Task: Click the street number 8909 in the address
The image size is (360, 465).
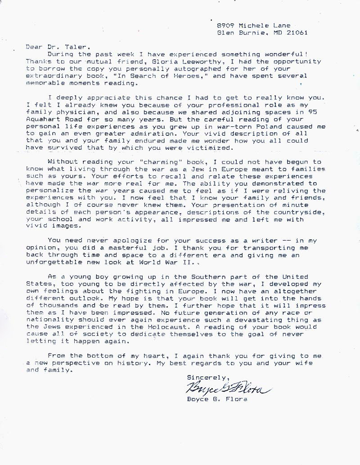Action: click(225, 26)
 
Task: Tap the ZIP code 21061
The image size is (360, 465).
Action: click(299, 33)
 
